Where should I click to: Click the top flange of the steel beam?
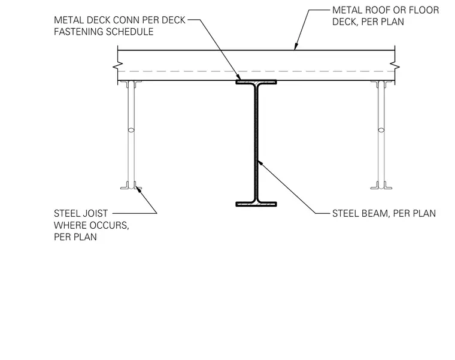256,82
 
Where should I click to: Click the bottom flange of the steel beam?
256,204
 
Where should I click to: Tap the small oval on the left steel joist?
131,130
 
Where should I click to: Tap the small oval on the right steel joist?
381,130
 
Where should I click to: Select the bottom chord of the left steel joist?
131,186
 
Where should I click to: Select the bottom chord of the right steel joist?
381,186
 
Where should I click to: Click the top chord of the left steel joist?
131,84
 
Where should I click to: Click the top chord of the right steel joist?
381,84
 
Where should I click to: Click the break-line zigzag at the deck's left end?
117,66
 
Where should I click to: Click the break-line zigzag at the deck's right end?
395,66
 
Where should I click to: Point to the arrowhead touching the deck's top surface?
296,47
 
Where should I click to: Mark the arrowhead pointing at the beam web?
260,163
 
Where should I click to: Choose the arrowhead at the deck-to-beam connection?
238,77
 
